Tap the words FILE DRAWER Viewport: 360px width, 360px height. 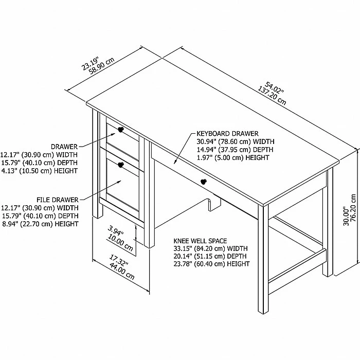58,199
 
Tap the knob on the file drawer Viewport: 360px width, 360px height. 120,165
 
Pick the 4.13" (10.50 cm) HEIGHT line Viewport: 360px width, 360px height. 39,171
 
